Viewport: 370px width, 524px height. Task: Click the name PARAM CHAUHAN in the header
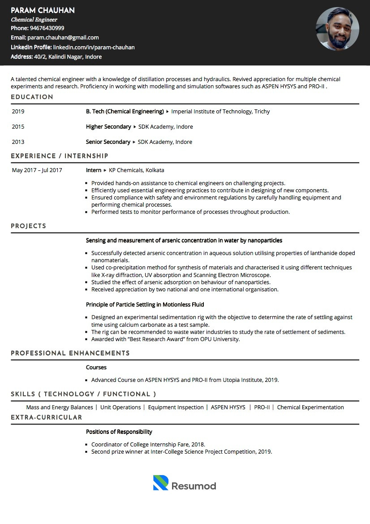click(x=43, y=10)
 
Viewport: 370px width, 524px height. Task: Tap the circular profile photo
click(x=337, y=29)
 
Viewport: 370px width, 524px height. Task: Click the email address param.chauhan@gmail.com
click(x=63, y=38)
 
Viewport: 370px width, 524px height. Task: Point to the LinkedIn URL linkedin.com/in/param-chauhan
click(x=94, y=47)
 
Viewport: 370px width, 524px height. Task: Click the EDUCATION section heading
click(x=32, y=97)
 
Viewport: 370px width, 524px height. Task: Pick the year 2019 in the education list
click(x=18, y=112)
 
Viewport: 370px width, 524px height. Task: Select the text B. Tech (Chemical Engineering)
click(x=125, y=112)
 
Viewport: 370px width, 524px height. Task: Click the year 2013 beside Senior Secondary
click(x=18, y=142)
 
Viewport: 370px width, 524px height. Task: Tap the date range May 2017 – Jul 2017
click(x=37, y=170)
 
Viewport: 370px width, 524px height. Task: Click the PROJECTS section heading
click(x=28, y=226)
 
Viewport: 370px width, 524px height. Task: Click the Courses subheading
click(x=96, y=368)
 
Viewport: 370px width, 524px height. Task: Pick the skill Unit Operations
click(x=120, y=407)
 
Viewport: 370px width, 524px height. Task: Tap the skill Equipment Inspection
click(x=176, y=407)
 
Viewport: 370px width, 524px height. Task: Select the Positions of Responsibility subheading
click(x=119, y=432)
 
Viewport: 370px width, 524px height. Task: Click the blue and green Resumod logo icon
click(x=160, y=483)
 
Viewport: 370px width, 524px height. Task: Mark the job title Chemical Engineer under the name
click(x=34, y=20)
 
